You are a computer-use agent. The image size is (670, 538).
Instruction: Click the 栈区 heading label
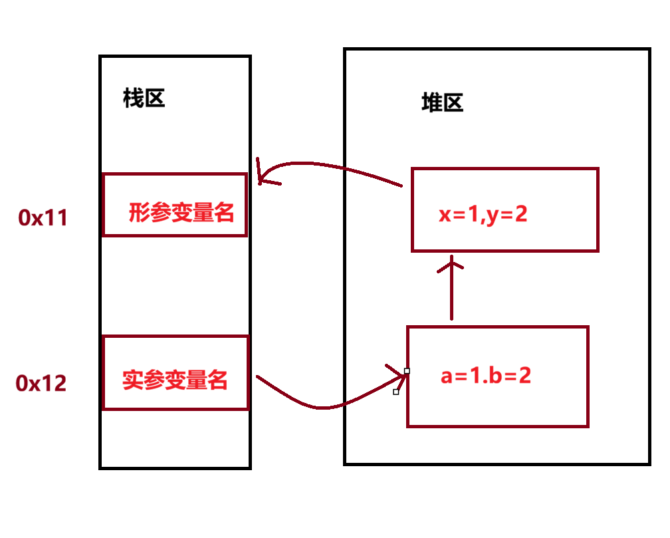click(x=144, y=99)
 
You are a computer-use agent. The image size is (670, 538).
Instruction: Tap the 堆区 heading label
click(x=442, y=102)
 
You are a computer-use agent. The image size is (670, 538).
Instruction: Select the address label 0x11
click(x=43, y=217)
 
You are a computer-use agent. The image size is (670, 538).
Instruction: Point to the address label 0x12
click(x=42, y=383)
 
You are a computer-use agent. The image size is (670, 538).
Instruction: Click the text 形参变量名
click(x=181, y=213)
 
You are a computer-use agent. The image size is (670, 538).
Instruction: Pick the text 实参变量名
click(x=175, y=380)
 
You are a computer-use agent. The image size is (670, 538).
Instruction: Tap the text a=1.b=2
click(x=486, y=376)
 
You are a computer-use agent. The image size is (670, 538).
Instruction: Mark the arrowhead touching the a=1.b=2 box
click(x=401, y=372)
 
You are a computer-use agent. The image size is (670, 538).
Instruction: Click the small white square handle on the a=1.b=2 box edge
click(x=407, y=370)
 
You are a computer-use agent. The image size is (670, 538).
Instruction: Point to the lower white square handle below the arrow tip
click(x=396, y=392)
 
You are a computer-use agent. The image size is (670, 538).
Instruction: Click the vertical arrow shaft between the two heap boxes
click(x=452, y=293)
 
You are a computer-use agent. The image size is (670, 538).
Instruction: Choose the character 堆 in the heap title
click(x=432, y=102)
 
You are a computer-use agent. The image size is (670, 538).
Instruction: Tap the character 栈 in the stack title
click(x=134, y=99)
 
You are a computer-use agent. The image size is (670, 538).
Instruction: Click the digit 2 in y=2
click(x=520, y=214)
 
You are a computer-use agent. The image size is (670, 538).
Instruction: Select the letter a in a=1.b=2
click(x=447, y=376)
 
